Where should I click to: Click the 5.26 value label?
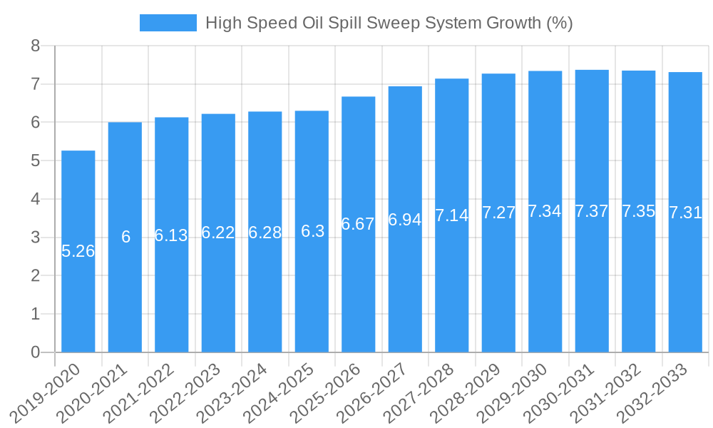click(78, 251)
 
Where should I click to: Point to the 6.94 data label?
click(405, 220)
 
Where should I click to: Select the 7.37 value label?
click(592, 211)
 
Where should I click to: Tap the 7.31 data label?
click(685, 213)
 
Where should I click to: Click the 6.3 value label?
click(312, 231)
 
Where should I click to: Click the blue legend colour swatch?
click(168, 23)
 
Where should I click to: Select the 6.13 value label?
click(171, 235)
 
